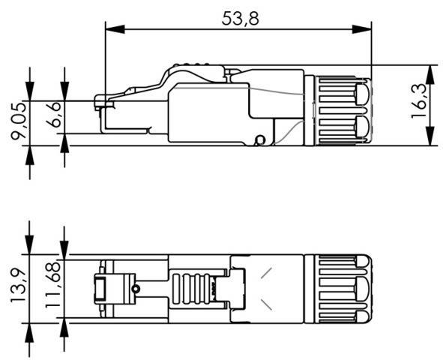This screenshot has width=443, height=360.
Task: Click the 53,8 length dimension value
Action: (x=240, y=18)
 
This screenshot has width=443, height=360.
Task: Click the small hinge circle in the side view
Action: (x=259, y=139)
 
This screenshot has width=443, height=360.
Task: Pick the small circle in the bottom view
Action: (x=135, y=289)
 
